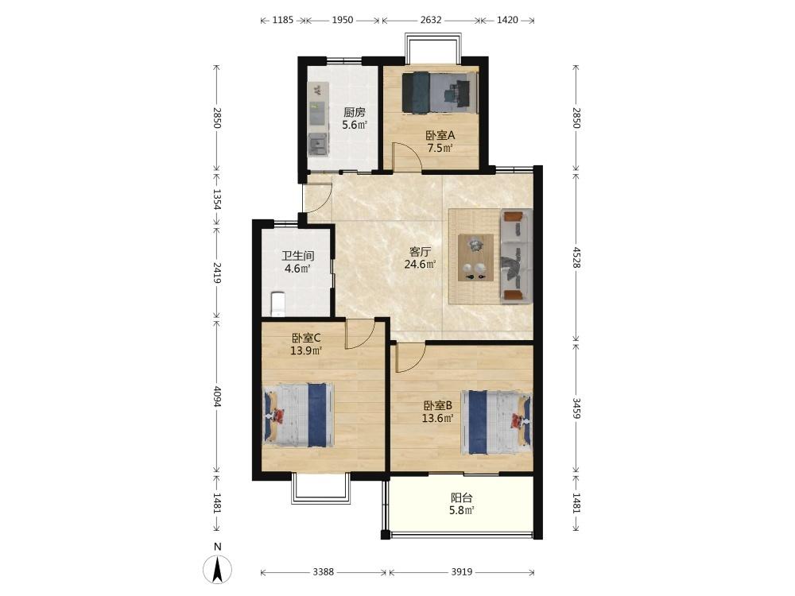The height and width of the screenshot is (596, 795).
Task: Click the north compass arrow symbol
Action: coord(218,569)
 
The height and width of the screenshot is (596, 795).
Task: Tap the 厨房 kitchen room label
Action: coord(355,112)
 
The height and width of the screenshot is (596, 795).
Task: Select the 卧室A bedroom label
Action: coord(440,135)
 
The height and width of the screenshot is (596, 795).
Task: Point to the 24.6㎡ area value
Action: coord(420,264)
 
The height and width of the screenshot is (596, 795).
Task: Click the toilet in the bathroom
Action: coord(277,304)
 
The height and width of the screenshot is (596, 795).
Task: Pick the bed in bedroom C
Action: coord(298,415)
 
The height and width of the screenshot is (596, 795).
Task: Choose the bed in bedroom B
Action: coord(496,422)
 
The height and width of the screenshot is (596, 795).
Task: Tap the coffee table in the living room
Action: coord(475,257)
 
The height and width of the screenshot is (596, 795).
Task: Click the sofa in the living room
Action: coord(517,256)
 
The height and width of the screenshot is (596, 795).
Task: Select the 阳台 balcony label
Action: coord(461,497)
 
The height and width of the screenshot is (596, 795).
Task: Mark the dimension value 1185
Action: coord(283,21)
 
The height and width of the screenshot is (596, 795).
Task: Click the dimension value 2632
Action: coord(431,21)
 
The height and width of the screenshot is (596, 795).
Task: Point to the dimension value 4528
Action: coord(576,257)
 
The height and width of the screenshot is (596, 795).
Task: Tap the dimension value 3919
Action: coord(461,571)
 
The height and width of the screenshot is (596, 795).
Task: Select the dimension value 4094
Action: coord(217,397)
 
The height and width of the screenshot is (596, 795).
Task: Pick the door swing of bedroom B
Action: coord(411,358)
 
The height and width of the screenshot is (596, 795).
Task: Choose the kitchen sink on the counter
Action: coord(318,145)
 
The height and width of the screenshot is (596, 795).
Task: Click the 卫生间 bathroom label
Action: coord(298,256)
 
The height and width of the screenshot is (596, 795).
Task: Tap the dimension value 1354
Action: coord(217,199)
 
